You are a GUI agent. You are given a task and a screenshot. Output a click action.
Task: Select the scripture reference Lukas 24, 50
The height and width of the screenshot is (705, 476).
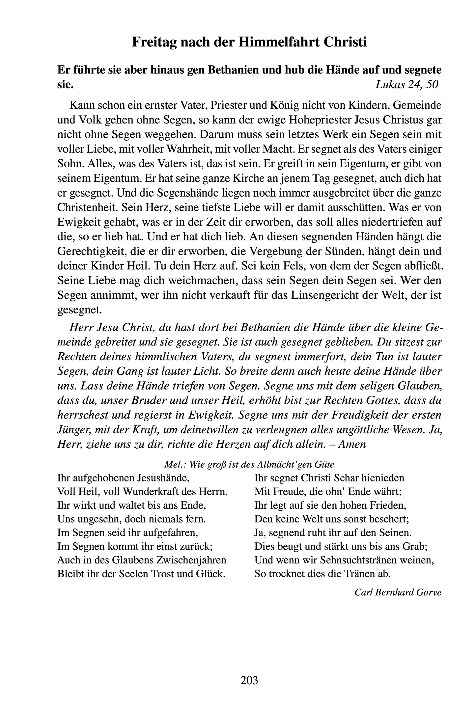point(407,85)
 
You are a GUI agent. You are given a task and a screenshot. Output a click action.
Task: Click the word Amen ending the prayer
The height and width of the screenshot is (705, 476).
point(352,444)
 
